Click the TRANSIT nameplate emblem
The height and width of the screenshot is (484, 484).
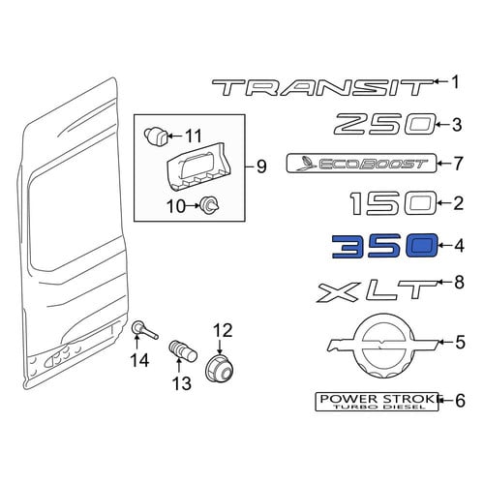(x=322, y=88)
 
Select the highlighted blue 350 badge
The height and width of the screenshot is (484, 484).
(x=385, y=246)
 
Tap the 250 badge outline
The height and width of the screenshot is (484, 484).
(x=385, y=124)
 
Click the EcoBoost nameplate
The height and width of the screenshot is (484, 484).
(x=361, y=164)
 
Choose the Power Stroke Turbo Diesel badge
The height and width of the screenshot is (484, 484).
(x=377, y=402)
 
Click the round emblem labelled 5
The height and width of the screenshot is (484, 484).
(x=382, y=345)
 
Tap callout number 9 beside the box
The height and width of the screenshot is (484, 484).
(x=260, y=166)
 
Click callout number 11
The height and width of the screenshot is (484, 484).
(x=194, y=136)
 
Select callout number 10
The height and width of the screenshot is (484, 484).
(x=176, y=206)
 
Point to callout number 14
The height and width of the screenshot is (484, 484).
(x=139, y=360)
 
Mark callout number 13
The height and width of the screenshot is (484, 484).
(x=182, y=383)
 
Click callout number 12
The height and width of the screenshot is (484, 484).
(x=223, y=330)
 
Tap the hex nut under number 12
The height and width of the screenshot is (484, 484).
(x=219, y=370)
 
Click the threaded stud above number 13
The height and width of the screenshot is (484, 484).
(x=183, y=352)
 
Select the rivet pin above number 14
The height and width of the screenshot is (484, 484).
(x=144, y=330)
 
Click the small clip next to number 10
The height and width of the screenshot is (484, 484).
(x=210, y=205)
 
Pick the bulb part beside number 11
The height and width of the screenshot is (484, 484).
(x=156, y=137)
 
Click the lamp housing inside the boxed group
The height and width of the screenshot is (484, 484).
(x=199, y=166)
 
